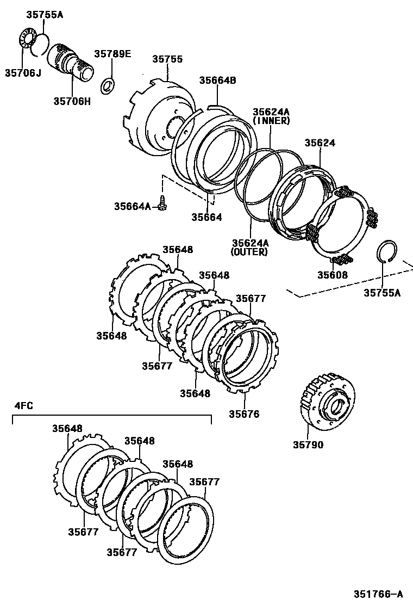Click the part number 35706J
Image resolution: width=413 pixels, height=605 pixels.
[x=23, y=72]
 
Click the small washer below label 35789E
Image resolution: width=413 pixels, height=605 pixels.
[x=109, y=85]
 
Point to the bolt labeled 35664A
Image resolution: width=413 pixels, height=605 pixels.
[x=162, y=205]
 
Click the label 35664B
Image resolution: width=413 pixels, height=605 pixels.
[x=217, y=80]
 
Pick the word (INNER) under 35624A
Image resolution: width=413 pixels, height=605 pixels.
[x=271, y=121]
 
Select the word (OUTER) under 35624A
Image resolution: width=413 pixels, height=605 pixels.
[x=249, y=252]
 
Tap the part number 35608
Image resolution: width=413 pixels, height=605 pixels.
[x=333, y=275]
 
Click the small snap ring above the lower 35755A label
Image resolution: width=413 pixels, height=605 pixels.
[x=386, y=251]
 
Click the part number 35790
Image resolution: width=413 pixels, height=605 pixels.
[x=308, y=445]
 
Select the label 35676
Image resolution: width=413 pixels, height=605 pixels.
[x=244, y=414]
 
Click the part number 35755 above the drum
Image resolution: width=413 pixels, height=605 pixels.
[x=167, y=59]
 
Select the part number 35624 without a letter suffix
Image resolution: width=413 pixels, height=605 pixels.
[x=320, y=143]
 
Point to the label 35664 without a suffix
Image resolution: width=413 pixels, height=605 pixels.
[x=206, y=217]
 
